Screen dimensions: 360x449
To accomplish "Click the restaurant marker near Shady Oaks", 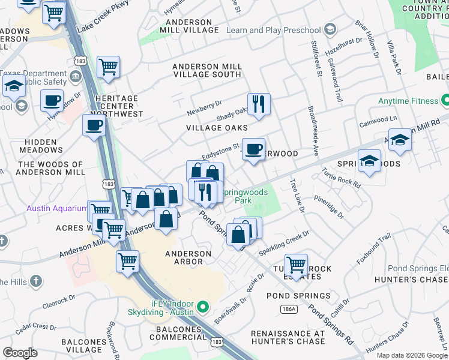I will pyautogui.click(x=259, y=104).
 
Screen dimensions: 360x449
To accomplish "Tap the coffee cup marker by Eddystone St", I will pyautogui.click(x=253, y=149).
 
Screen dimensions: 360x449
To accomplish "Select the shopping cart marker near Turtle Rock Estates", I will pyautogui.click(x=296, y=264).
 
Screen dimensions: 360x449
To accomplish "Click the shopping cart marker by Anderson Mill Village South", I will pyautogui.click(x=108, y=67).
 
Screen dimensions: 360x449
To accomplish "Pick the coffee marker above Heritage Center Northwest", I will pyautogui.click(x=52, y=100).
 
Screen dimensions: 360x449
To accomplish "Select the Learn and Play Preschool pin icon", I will pyautogui.click(x=330, y=29).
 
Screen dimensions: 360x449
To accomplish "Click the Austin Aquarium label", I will pyautogui.click(x=56, y=208).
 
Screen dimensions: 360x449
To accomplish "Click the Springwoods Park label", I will pyautogui.click(x=243, y=196).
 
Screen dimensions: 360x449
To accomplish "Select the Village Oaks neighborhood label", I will pyautogui.click(x=217, y=128).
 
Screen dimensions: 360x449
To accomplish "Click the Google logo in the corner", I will pyautogui.click(x=20, y=353).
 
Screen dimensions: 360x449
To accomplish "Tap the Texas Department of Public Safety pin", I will pyautogui.click(x=76, y=76).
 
